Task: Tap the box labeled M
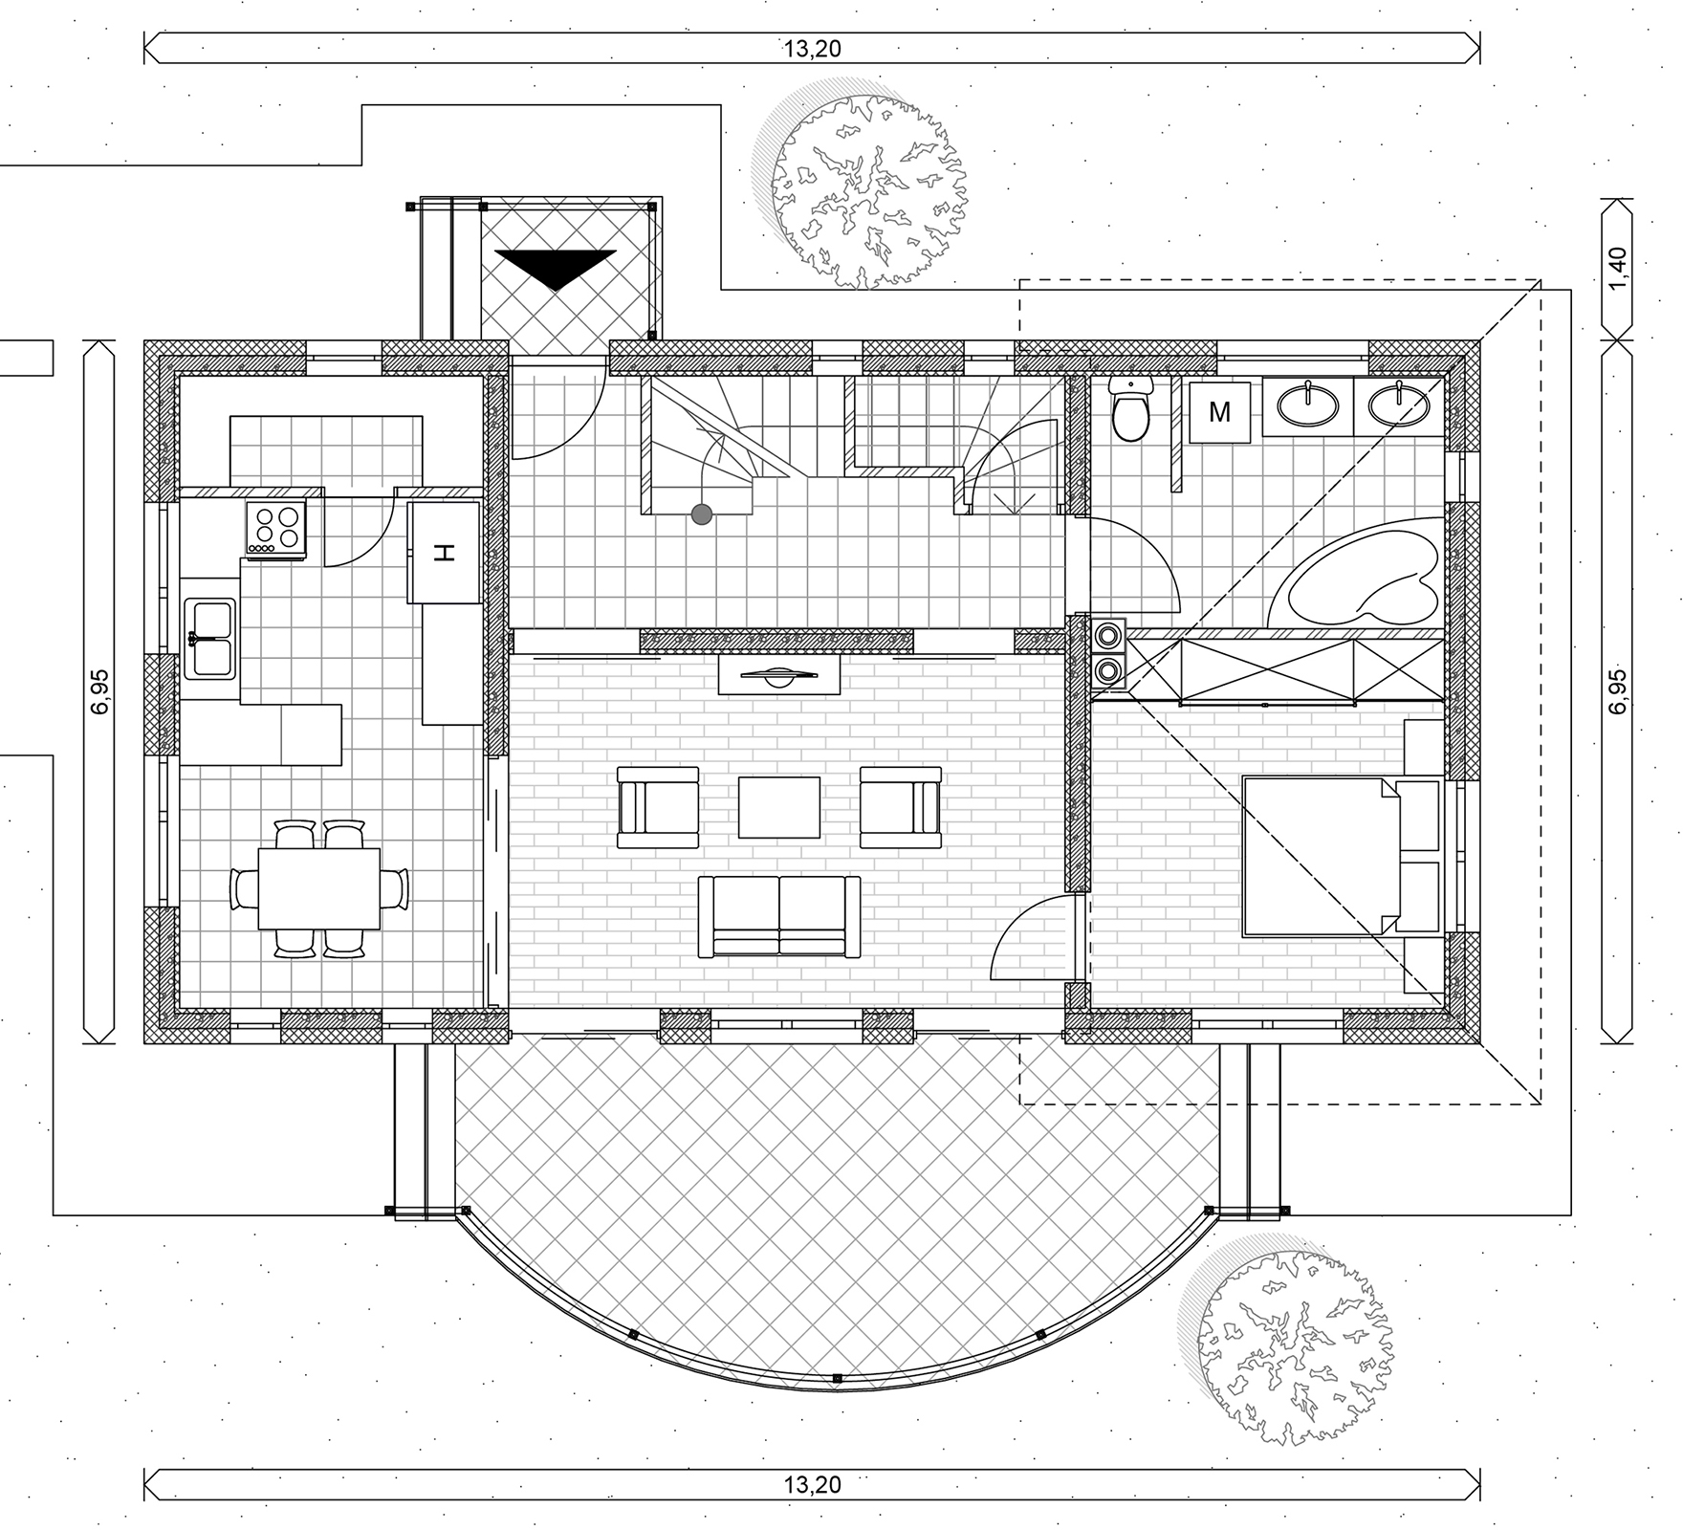(1220, 412)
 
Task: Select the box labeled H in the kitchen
(444, 553)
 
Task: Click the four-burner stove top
(276, 529)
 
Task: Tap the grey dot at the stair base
(702, 515)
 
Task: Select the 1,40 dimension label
(1617, 272)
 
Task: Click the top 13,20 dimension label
(813, 49)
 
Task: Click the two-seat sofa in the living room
(779, 916)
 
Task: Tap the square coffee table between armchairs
(779, 808)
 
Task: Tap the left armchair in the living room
(658, 807)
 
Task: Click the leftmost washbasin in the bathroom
(1307, 404)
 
